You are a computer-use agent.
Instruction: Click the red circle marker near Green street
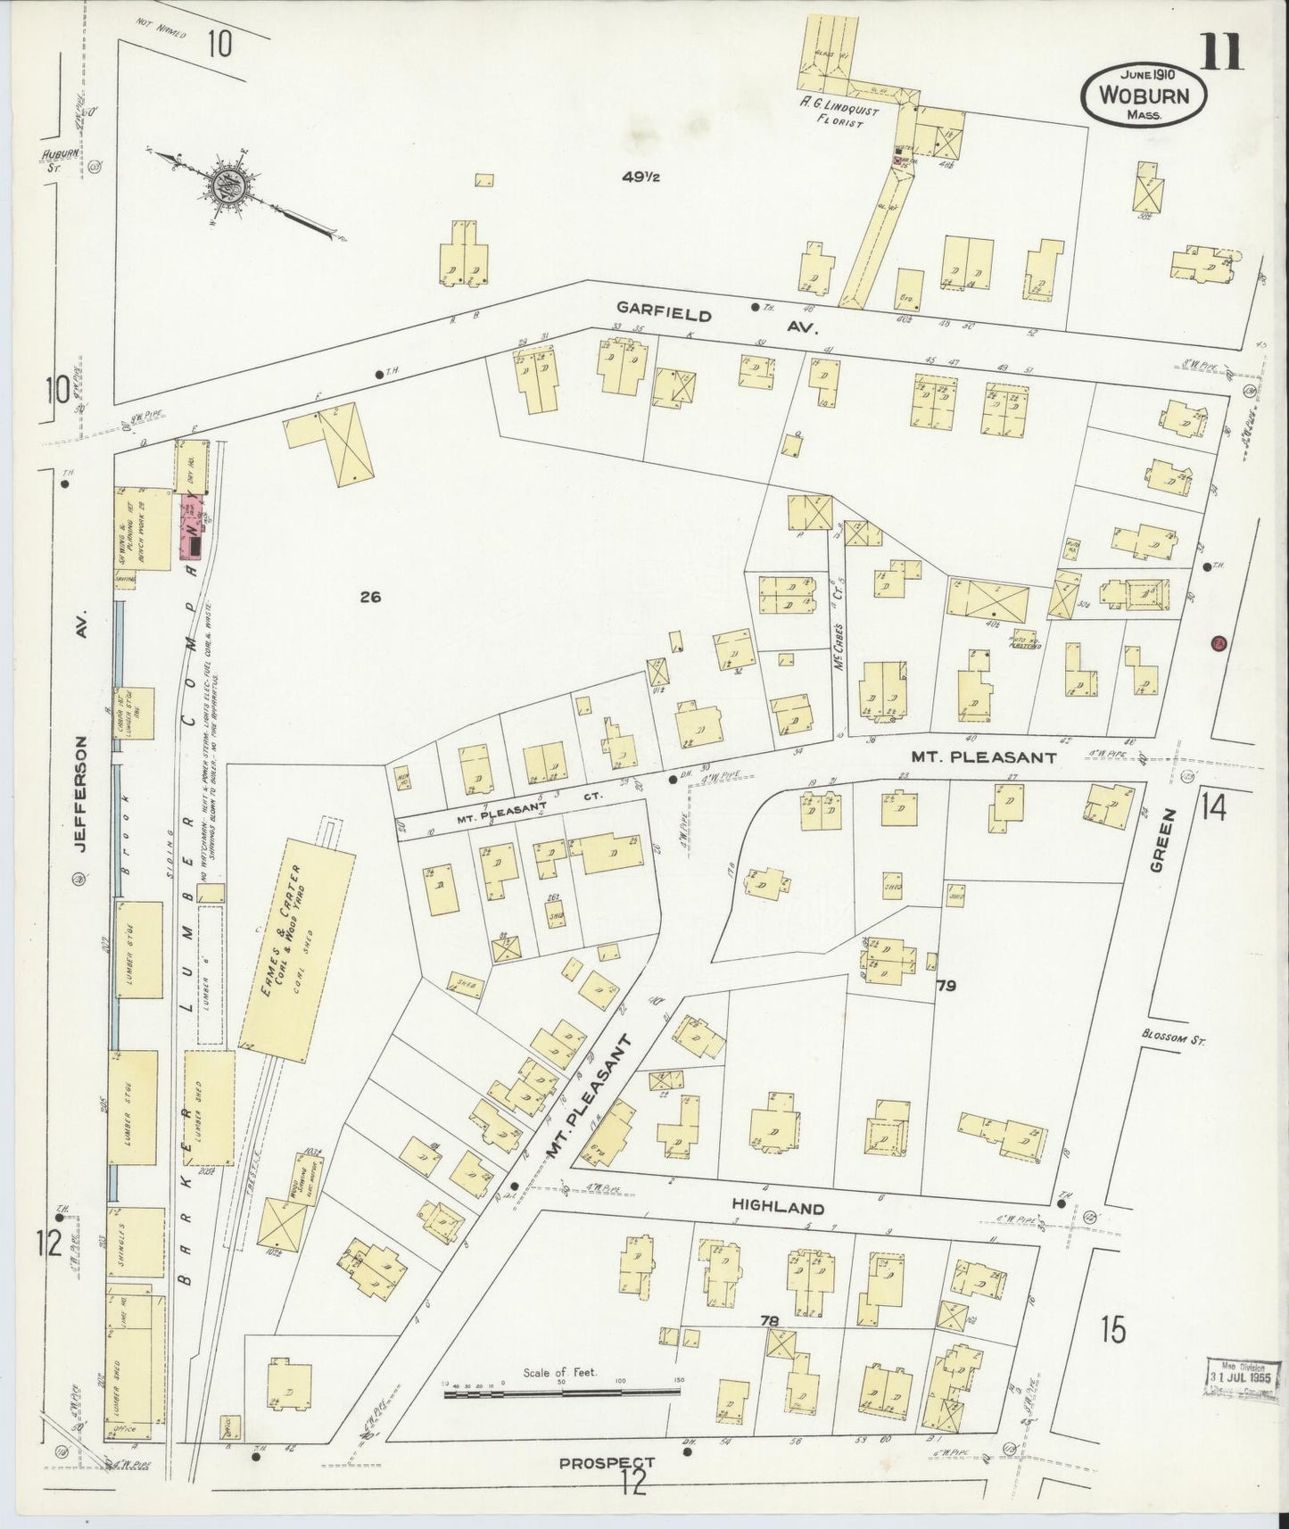tap(1219, 643)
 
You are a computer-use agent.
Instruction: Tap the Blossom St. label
tap(1172, 1037)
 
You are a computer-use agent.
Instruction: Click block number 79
tap(946, 986)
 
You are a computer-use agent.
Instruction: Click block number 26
tap(370, 597)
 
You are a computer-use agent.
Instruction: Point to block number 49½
tap(641, 177)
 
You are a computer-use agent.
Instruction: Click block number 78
tap(769, 1319)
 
